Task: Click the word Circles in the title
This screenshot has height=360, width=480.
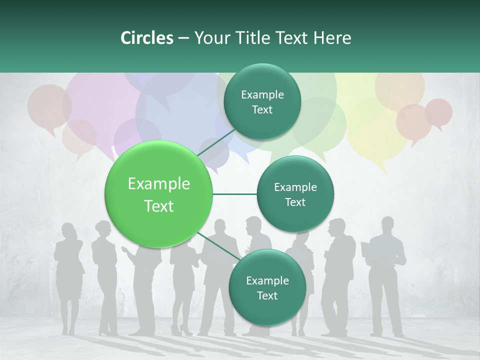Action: point(147,38)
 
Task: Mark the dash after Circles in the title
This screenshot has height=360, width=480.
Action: point(183,38)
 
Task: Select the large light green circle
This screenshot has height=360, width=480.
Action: point(159,194)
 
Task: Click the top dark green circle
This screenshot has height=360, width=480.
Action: point(262,102)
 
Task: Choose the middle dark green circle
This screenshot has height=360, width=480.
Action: point(295,194)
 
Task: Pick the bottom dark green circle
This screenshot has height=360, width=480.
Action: point(267,287)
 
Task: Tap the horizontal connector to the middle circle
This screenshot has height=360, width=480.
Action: point(235,194)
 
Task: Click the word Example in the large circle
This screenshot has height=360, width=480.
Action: point(159,184)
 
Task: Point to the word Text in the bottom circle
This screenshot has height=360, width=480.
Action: point(267,295)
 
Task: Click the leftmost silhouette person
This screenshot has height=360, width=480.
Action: point(69,275)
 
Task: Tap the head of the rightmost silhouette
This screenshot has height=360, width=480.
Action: point(388,224)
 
